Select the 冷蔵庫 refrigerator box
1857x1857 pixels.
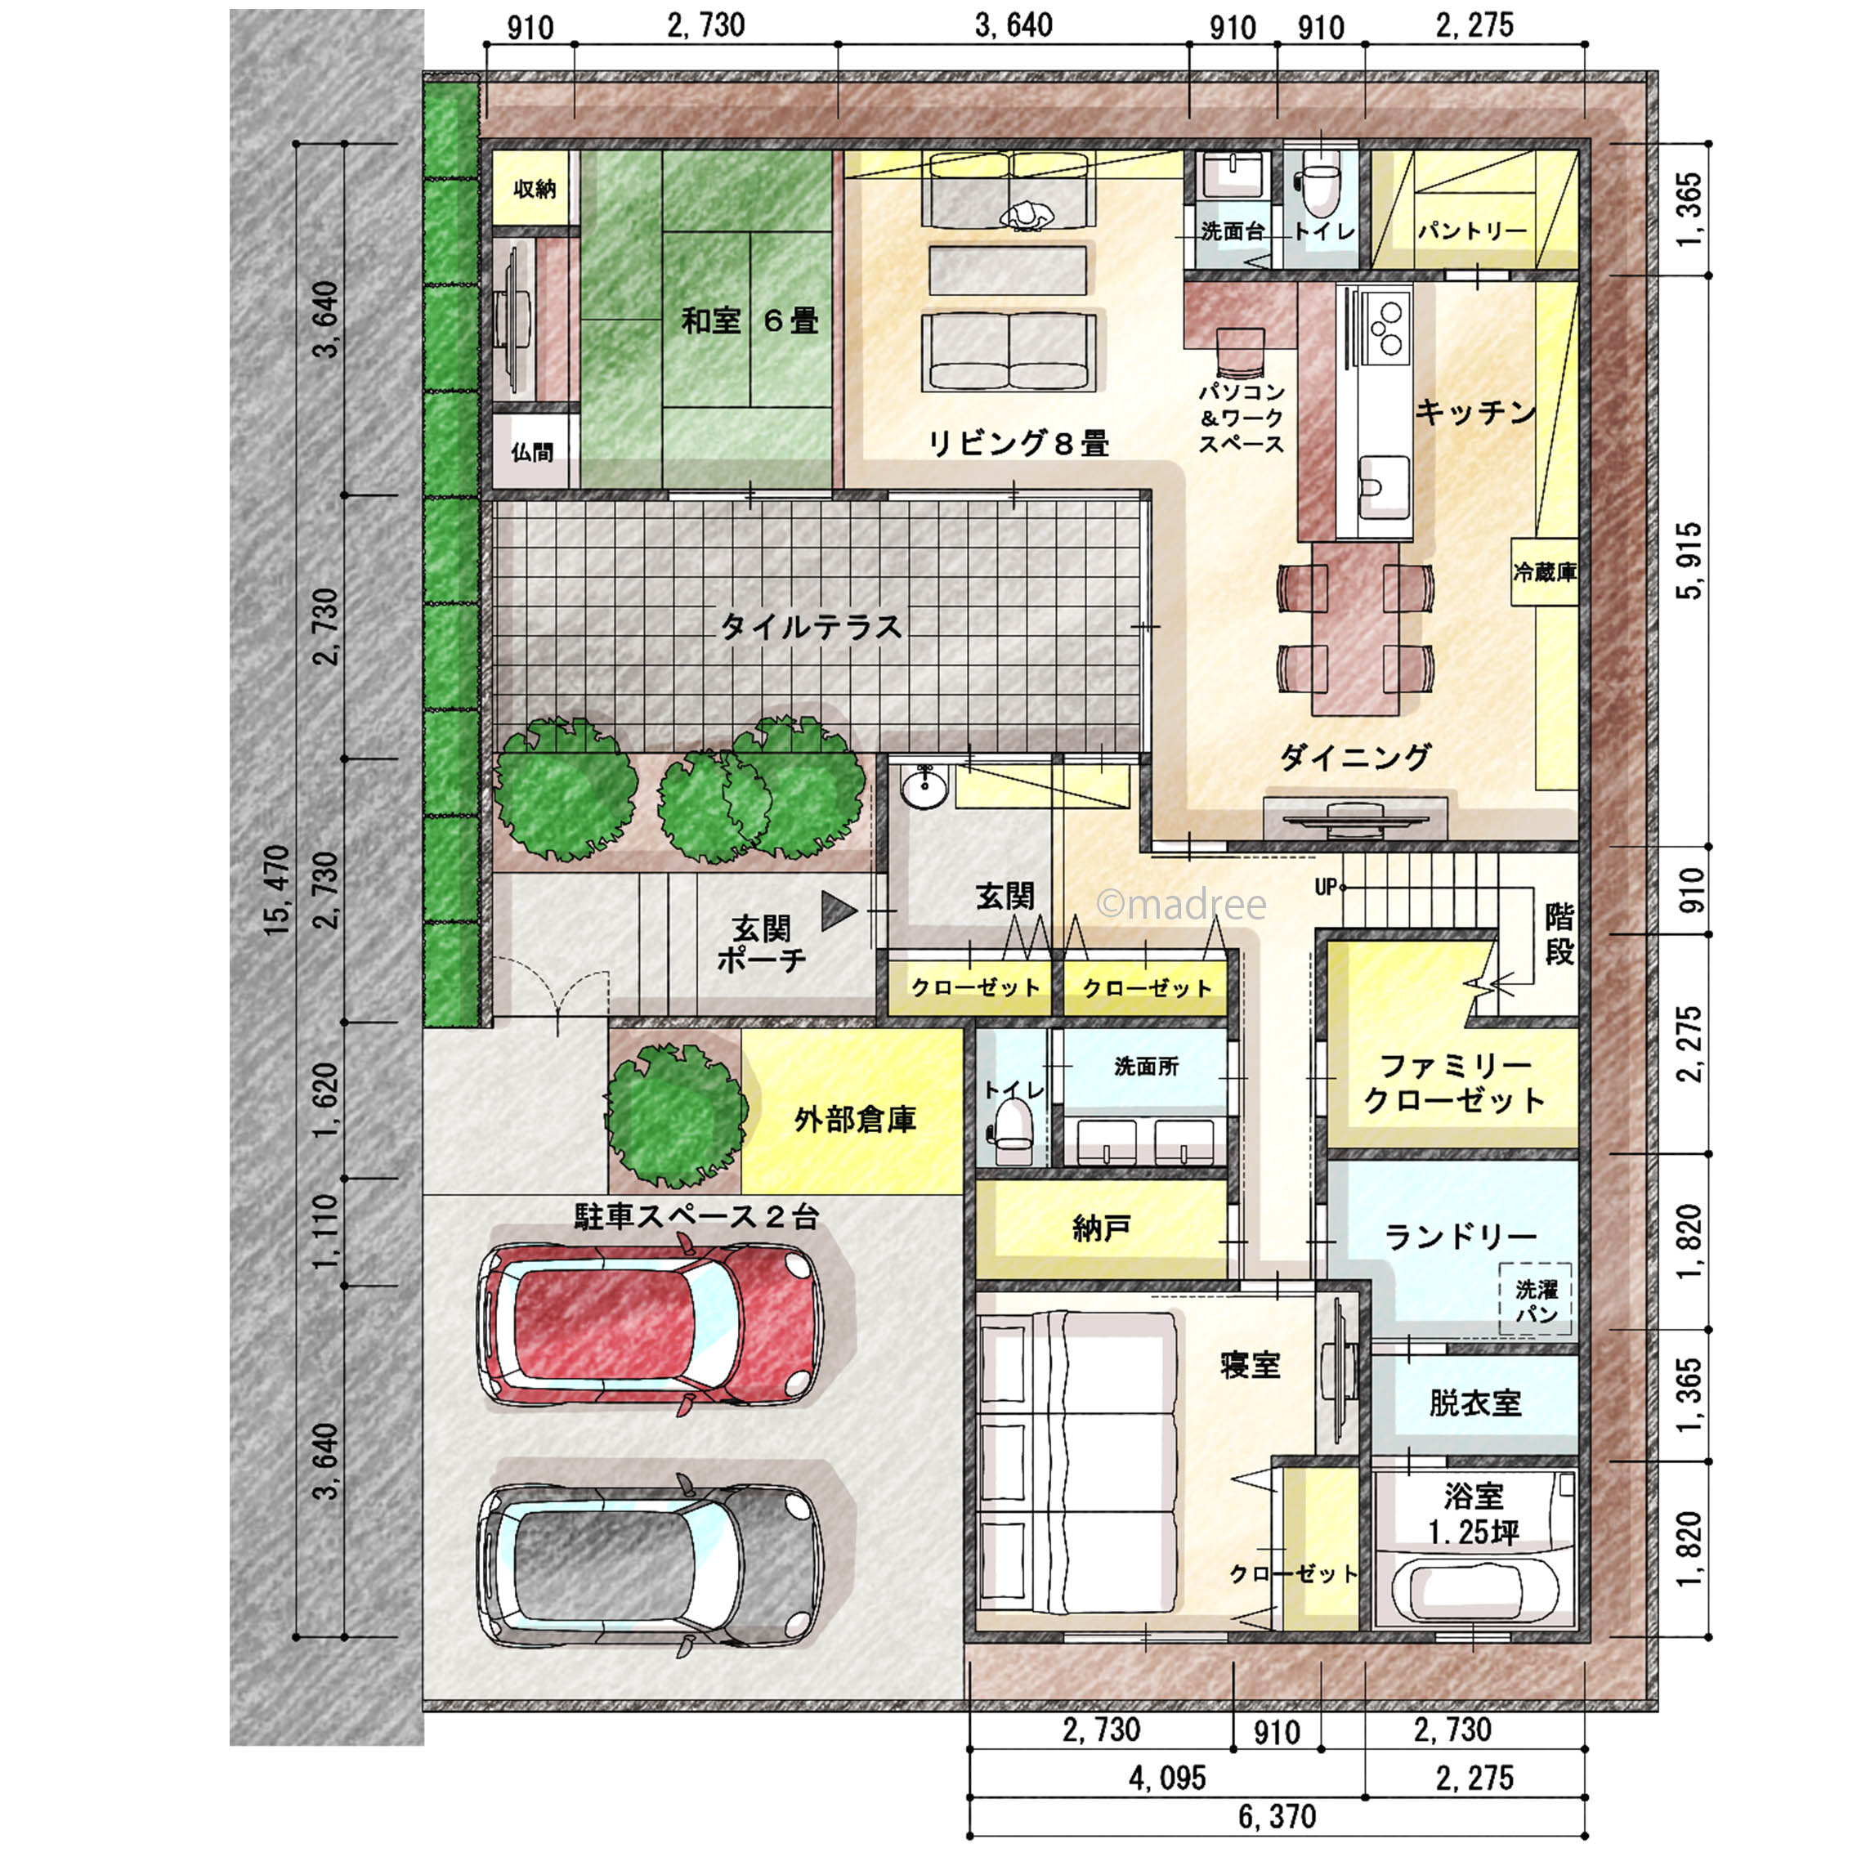coord(1544,571)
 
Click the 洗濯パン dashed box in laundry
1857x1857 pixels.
coord(1535,1300)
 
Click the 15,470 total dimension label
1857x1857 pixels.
coord(277,890)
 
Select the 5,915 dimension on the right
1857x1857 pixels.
coord(1689,562)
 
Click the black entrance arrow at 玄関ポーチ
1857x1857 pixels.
coord(838,911)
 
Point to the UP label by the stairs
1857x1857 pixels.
coord(1326,887)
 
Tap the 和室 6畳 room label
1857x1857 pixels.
coord(750,321)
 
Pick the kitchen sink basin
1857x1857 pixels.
coord(1383,486)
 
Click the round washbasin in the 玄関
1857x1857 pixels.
coord(924,786)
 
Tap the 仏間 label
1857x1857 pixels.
coord(532,452)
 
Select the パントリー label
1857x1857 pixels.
coord(1471,230)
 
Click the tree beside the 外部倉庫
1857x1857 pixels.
coord(676,1116)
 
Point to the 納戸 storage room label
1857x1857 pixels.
coord(1102,1228)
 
